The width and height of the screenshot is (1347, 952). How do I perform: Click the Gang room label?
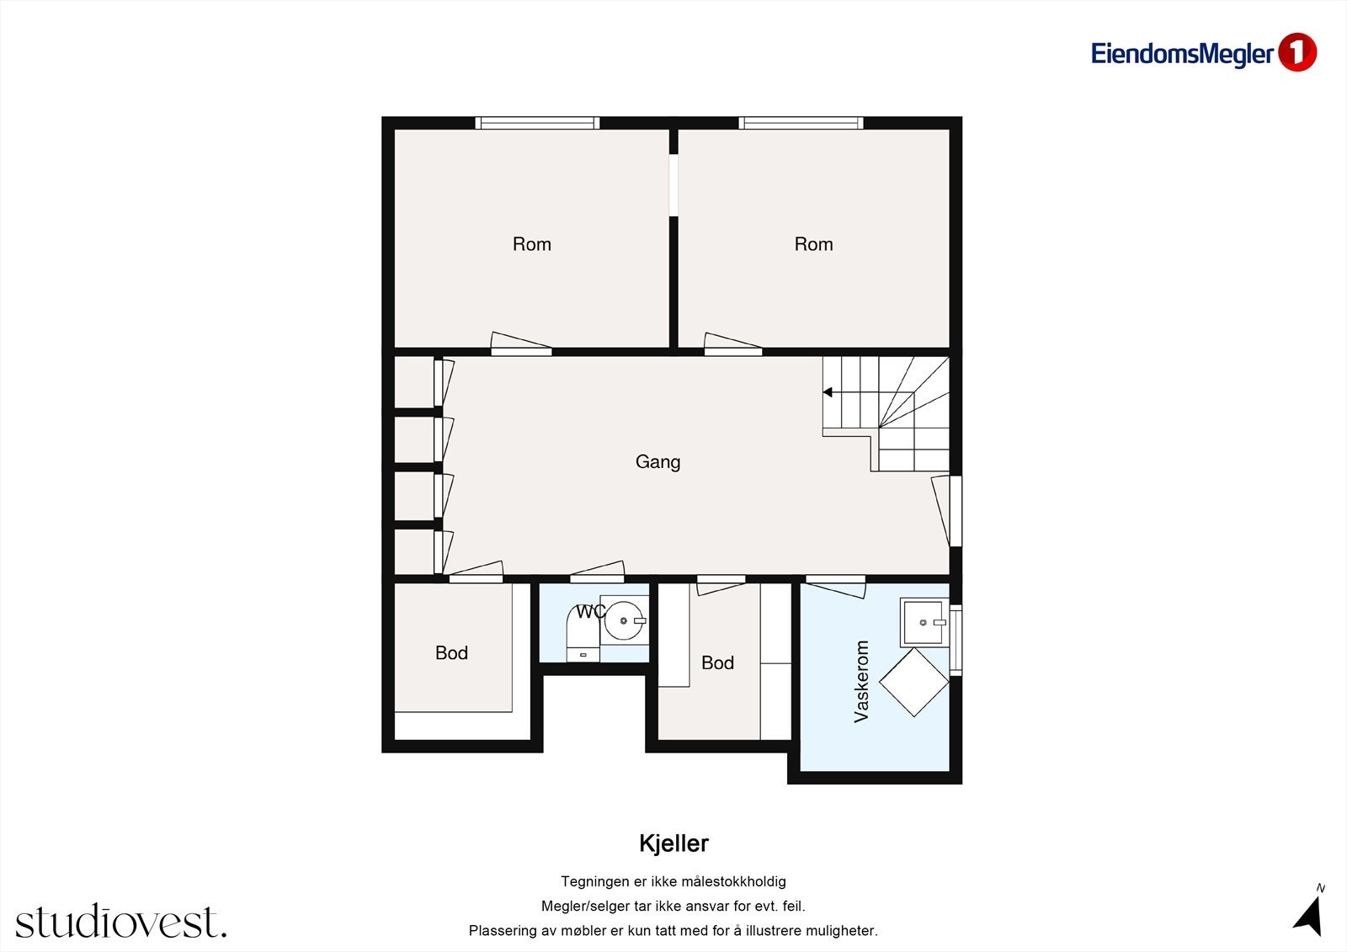coord(658,461)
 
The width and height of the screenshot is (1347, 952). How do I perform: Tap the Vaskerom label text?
coord(861,681)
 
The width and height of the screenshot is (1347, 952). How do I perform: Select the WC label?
coord(590,612)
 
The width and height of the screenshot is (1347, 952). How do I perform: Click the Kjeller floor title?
coord(673,843)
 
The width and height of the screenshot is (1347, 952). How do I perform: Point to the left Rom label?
coord(532,244)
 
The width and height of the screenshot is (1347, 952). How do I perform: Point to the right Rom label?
coord(813,244)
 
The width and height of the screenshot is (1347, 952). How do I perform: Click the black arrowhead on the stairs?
coord(828,392)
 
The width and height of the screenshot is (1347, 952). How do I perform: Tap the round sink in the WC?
coord(624,621)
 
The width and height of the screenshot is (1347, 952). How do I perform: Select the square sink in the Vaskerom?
coord(923,622)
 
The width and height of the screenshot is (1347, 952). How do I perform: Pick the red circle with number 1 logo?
coord(1296,52)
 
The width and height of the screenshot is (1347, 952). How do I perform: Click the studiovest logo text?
coord(120,922)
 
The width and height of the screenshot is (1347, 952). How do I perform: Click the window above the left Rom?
coord(537,123)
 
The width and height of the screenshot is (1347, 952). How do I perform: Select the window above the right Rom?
coord(801,123)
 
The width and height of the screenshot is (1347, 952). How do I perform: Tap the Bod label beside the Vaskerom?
coord(717,663)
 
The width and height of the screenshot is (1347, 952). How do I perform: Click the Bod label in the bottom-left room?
coord(451,653)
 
